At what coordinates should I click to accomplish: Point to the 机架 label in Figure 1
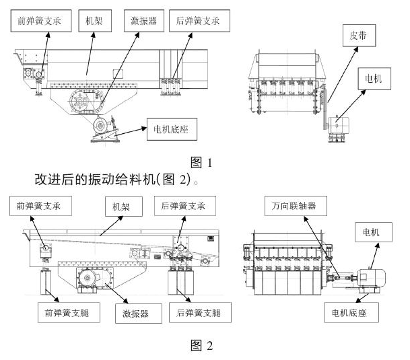click(x=90, y=22)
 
